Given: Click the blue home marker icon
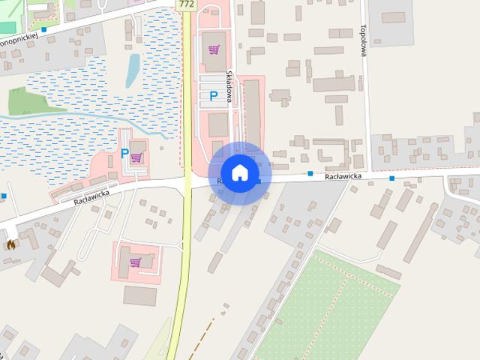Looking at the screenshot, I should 239,173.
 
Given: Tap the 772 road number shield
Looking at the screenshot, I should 187,4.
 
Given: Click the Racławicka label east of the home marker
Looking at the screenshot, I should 343,175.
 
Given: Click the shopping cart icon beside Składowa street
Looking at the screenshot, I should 214,49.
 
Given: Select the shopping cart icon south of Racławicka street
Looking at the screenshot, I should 135,262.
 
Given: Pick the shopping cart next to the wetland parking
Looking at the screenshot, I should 136,157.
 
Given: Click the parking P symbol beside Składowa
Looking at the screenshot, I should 214,96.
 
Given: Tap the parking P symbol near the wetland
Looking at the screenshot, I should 124,153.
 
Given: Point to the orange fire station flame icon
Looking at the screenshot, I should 10,244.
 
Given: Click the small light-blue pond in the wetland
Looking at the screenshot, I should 133,69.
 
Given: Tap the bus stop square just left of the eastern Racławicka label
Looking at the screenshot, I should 310,174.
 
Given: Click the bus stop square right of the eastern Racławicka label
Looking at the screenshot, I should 392,178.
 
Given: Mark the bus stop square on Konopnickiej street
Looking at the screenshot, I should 44,29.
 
